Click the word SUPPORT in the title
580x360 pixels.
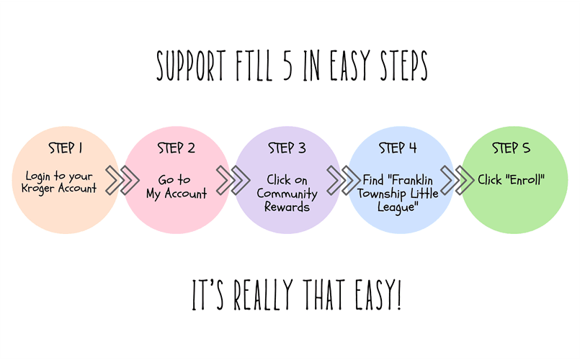point(191,66)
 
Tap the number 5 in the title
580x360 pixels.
point(288,66)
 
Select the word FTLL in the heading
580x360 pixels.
point(254,66)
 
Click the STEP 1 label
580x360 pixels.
point(65,148)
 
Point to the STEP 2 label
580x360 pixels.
point(176,148)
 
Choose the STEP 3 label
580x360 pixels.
point(287,148)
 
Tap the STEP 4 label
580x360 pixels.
point(398,148)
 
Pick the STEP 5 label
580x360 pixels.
point(511,148)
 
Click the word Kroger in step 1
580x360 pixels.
point(37,189)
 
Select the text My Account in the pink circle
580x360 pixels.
point(177,194)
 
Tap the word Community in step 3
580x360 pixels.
point(287,194)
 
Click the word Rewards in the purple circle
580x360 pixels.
point(287,207)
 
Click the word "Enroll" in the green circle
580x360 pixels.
point(525,180)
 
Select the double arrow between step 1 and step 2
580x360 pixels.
point(122,181)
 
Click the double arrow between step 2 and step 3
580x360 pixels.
point(233,181)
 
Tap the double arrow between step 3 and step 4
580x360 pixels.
point(344,181)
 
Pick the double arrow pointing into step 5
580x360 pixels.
point(458,181)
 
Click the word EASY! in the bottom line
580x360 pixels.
point(378,294)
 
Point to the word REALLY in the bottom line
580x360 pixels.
point(264,294)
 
